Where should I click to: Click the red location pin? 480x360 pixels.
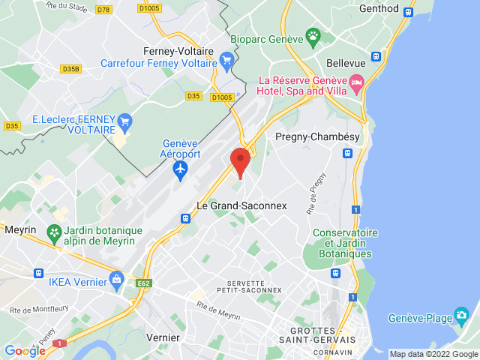click(240, 160)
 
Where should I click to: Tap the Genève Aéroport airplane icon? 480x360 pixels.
click(180, 170)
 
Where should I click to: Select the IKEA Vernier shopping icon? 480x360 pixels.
click(115, 280)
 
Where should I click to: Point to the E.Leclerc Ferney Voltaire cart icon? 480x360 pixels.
click(125, 120)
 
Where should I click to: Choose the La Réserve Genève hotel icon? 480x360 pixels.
click(356, 81)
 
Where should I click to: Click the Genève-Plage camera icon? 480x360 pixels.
click(461, 314)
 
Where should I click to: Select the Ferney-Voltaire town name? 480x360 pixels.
click(178, 52)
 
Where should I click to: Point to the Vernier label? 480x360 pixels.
click(163, 337)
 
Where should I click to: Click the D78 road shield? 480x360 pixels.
click(104, 10)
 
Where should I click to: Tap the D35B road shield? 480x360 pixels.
click(71, 69)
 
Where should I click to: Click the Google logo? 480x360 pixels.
click(25, 350)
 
